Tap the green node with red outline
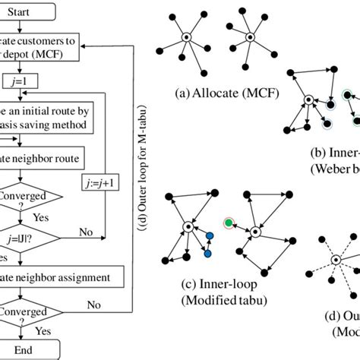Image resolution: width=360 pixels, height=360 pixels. point(227,223)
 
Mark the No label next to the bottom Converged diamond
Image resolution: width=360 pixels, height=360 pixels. point(93,305)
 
